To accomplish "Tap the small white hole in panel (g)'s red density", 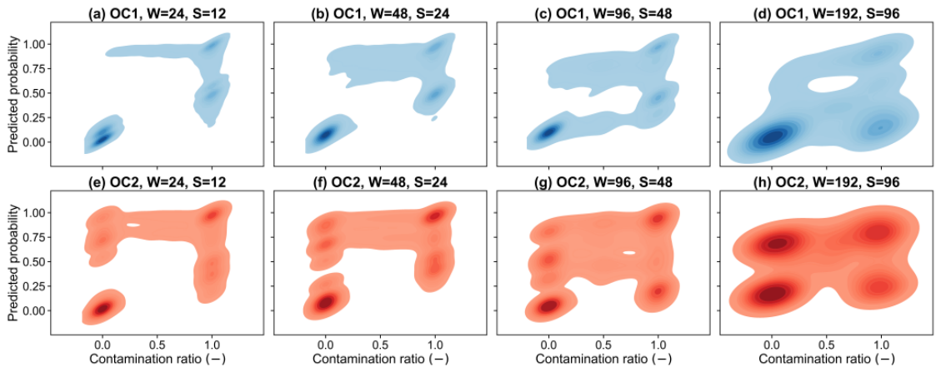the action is pyautogui.click(x=629, y=253).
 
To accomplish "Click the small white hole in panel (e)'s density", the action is pyautogui.click(x=134, y=225).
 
